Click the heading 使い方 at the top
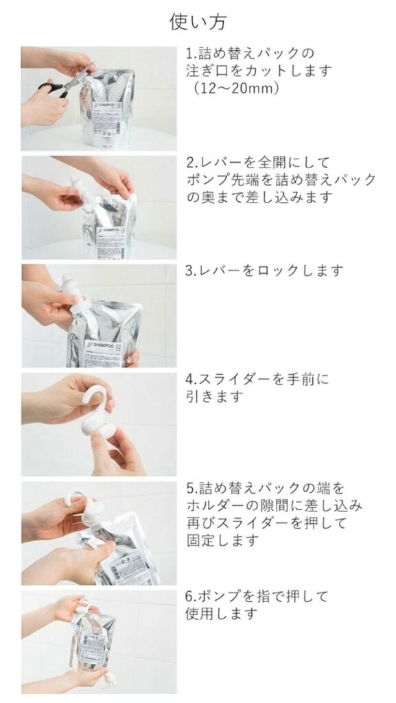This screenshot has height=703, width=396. click(198, 21)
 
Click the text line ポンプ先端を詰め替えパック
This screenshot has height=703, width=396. click(281, 179)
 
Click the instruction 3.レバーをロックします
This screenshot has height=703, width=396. click(264, 270)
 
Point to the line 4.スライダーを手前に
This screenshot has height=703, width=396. click(257, 379)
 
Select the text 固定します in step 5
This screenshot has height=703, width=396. click(222, 540)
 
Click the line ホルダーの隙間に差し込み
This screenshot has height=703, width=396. click(273, 505)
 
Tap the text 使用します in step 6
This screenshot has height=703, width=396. click(222, 613)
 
